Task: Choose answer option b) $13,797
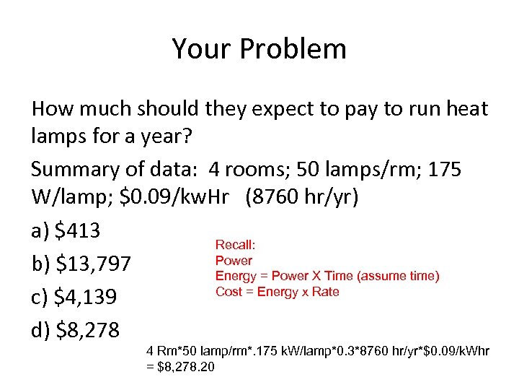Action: (x=81, y=264)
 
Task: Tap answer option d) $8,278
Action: (x=76, y=330)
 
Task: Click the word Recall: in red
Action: (x=236, y=246)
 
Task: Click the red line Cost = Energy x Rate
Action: (x=277, y=292)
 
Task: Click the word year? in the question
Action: (x=156, y=138)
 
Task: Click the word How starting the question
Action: (x=52, y=109)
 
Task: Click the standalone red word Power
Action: (x=234, y=261)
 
